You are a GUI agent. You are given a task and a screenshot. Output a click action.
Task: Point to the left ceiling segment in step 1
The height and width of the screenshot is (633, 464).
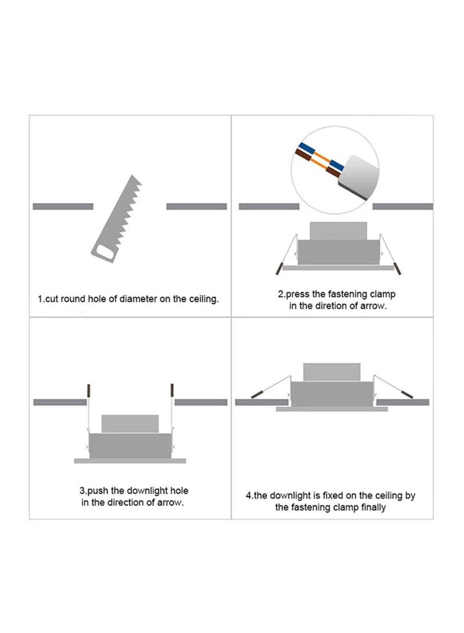coord(63,207)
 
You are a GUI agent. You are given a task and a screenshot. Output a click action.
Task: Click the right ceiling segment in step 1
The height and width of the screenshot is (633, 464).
coord(197,207)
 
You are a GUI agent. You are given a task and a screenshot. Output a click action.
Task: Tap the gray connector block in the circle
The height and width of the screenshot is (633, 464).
coord(358,176)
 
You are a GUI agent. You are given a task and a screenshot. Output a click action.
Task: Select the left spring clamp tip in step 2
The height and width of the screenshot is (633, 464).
coord(278,269)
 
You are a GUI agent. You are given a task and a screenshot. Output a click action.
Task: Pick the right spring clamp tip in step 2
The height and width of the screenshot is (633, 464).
coord(397,269)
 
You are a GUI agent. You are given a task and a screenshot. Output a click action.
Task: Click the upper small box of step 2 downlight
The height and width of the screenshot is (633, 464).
coord(338,230)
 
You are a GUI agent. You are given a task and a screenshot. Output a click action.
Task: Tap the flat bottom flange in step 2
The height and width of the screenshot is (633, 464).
coord(338,267)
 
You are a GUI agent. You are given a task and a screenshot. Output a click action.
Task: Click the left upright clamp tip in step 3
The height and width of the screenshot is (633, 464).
coord(89,390)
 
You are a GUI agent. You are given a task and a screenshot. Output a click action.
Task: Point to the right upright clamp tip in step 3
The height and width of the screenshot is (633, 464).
coord(172,390)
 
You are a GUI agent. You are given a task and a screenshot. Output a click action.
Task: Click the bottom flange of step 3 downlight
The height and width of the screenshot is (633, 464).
coord(130,461)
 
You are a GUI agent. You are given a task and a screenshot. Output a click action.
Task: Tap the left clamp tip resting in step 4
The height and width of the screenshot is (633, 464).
coord(257,394)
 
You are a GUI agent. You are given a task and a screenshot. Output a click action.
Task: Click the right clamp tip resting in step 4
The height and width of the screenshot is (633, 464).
coord(407,394)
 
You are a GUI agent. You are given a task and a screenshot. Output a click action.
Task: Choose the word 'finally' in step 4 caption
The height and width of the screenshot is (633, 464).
coord(374,508)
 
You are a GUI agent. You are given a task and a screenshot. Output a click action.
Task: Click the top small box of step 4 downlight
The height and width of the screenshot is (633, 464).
coord(332,372)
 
